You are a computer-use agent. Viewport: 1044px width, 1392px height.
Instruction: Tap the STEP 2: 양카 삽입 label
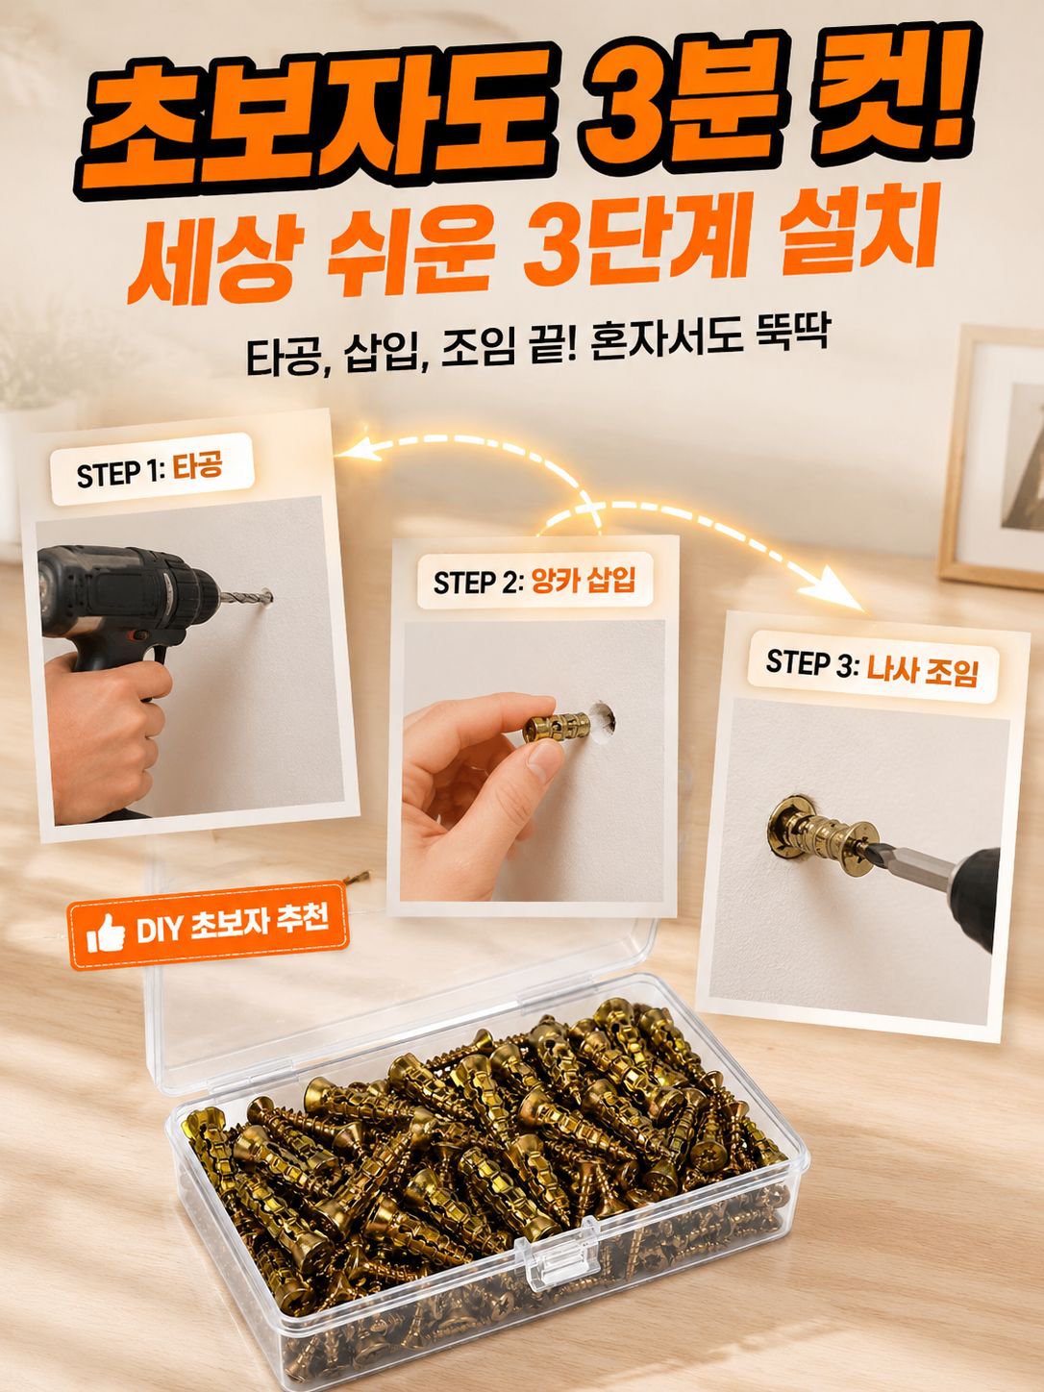534,581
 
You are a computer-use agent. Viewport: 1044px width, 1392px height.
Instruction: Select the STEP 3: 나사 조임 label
872,670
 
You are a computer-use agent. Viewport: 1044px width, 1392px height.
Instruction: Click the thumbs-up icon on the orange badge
105,932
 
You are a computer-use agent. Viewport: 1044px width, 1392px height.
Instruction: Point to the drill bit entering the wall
246,597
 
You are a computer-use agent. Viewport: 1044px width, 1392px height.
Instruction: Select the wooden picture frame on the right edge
993,457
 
